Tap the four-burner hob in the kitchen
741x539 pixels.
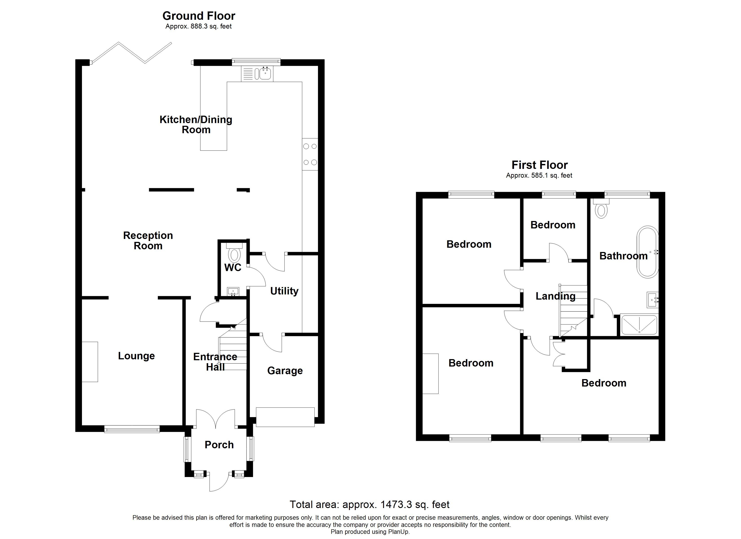click(310, 154)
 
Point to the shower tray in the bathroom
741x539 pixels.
click(639, 325)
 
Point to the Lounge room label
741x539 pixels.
click(136, 356)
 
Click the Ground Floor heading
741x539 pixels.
click(199, 16)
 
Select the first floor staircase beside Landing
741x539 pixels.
click(573, 311)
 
